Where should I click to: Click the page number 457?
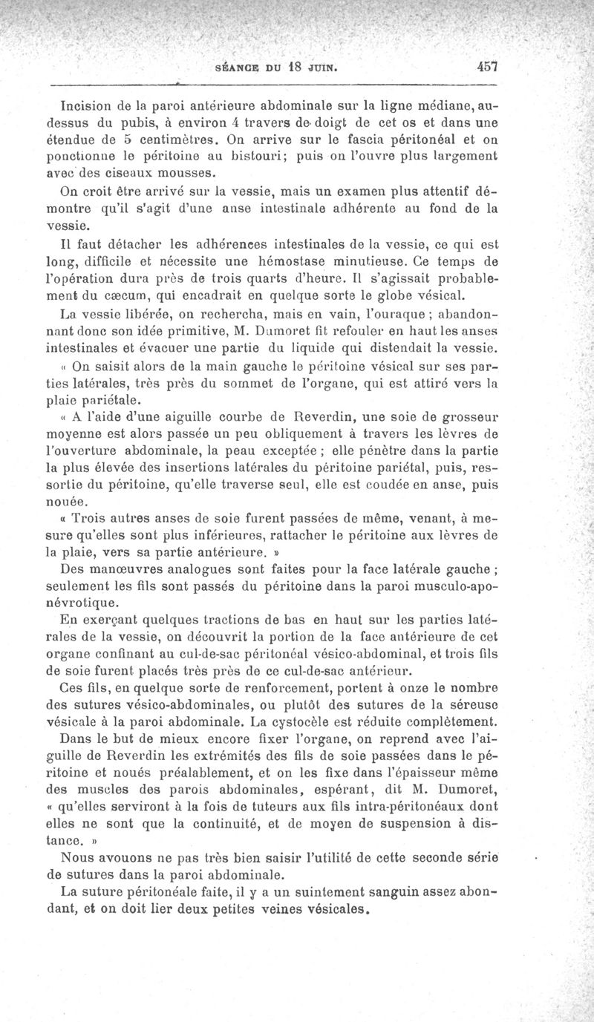pos(487,65)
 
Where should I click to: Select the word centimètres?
pos(177,140)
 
